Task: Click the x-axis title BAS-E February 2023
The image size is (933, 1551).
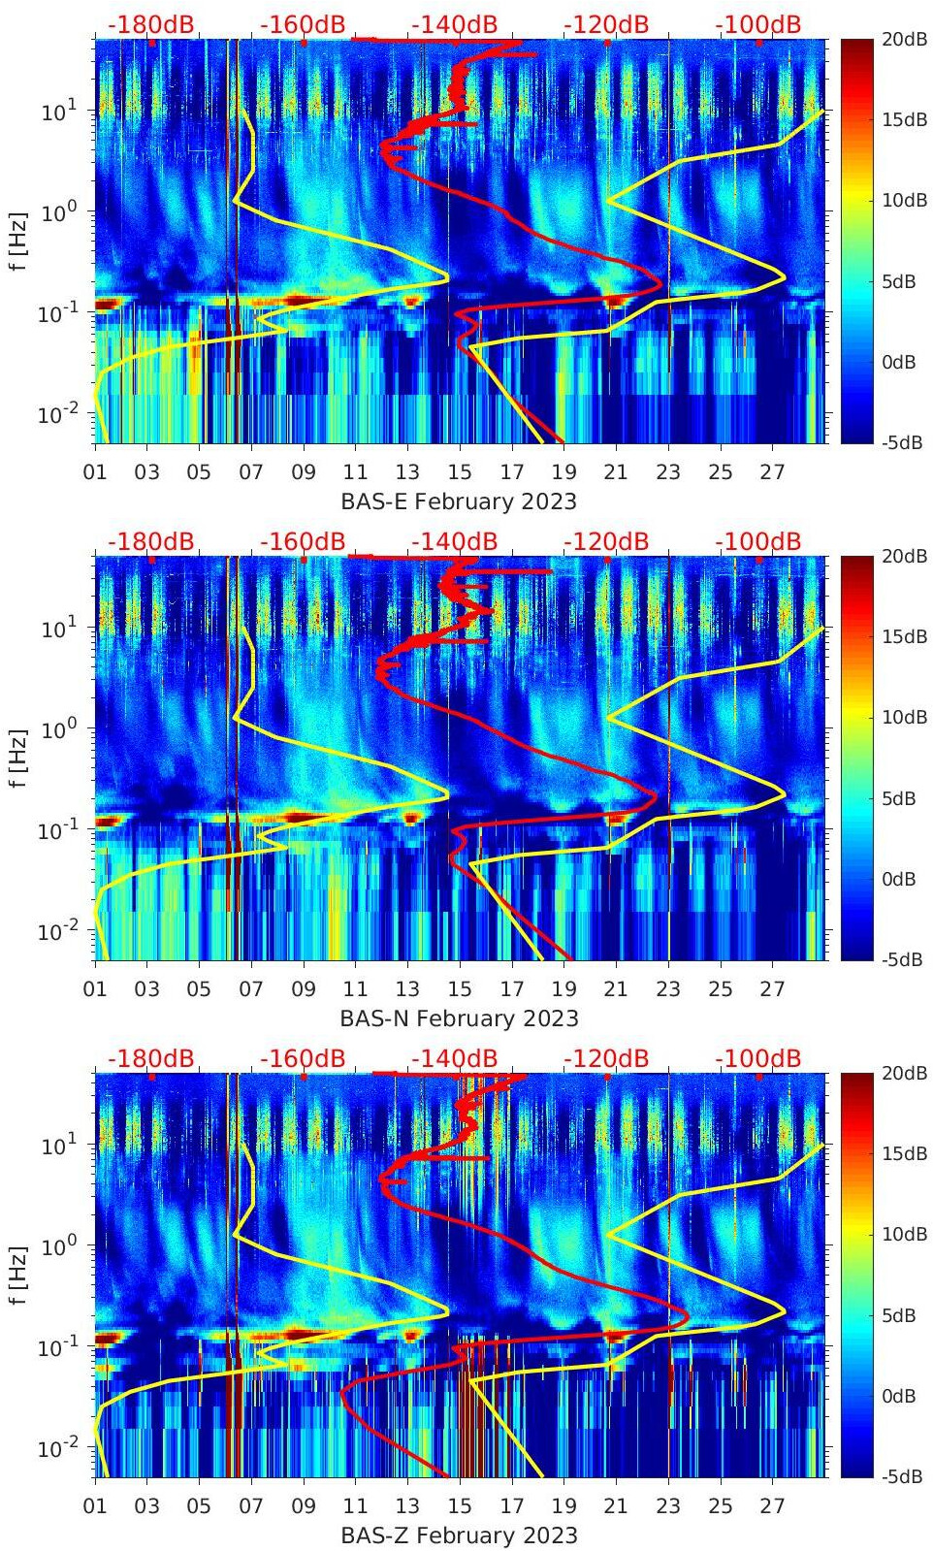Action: pos(459,501)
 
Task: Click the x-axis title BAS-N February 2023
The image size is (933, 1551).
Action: pos(459,1018)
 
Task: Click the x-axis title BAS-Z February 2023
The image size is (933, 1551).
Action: pos(459,1535)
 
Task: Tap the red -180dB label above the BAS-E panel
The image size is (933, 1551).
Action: pos(150,24)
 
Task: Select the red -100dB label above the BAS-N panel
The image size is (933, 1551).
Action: pos(758,541)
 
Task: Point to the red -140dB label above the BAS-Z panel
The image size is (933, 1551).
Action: pos(454,1058)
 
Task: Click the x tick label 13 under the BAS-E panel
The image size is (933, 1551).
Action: pos(407,472)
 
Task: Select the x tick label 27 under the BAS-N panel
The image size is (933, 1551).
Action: pos(772,989)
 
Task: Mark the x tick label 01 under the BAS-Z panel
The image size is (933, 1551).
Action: pos(95,1506)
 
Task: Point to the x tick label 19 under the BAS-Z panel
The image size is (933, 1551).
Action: pos(563,1506)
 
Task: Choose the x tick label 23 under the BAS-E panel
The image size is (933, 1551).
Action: pos(668,472)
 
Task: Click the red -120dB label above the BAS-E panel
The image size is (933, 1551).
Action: pos(606,24)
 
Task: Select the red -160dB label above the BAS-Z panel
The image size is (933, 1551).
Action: pos(303,1058)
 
